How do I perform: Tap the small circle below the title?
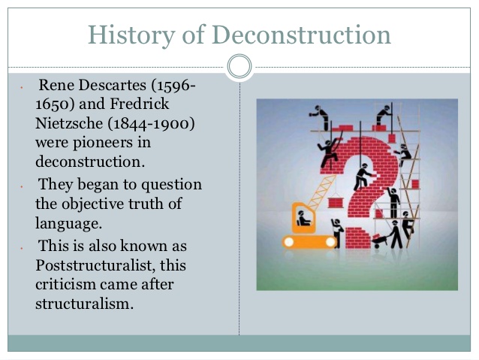[x=239, y=66]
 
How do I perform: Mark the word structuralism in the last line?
[x=84, y=304]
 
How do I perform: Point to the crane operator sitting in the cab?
[x=303, y=219]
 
